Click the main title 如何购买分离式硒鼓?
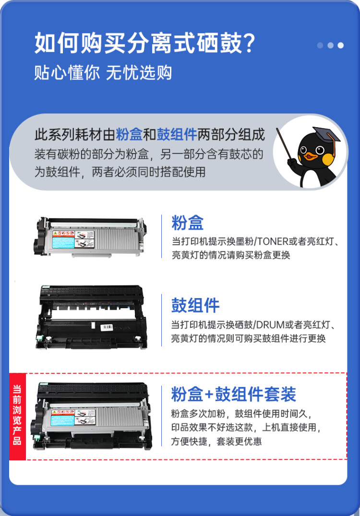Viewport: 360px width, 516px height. coord(144,43)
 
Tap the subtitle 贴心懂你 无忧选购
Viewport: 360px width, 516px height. coord(103,73)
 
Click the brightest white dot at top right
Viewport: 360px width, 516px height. coord(340,46)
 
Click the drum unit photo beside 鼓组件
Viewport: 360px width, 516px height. coord(91,316)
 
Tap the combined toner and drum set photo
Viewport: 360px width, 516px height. coord(91,416)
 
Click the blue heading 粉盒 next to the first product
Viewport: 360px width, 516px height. coord(188,223)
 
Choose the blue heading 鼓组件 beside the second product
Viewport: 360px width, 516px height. coord(195,305)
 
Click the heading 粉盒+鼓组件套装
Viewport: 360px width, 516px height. coord(233,394)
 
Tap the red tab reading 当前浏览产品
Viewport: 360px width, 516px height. coord(17,415)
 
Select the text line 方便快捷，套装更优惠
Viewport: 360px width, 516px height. coord(216,441)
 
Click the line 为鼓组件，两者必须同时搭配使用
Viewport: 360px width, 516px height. coord(120,171)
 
